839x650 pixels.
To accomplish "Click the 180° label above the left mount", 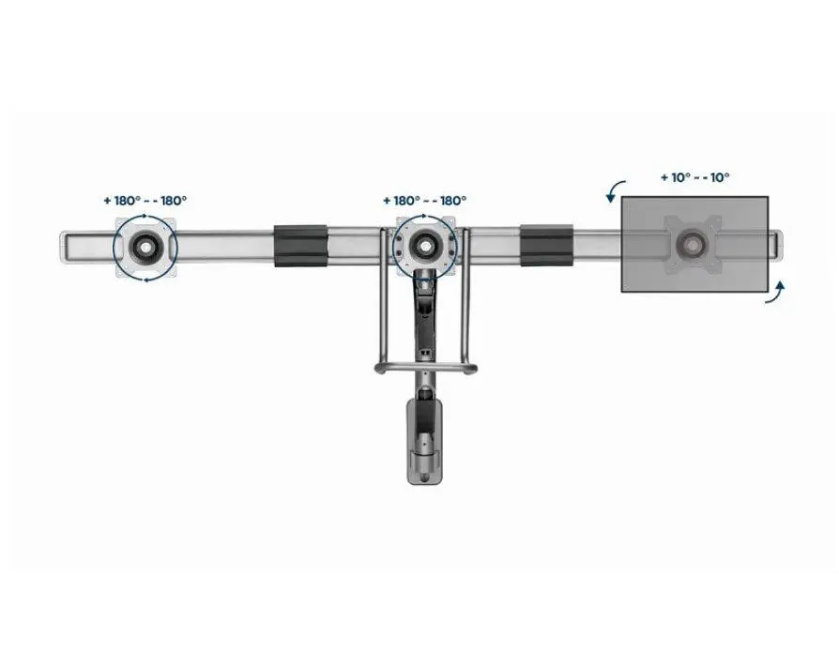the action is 145,201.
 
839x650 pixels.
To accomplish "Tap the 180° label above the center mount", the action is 425,201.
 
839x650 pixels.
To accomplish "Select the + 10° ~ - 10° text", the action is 695,177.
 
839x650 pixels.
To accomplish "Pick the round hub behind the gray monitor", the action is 694,245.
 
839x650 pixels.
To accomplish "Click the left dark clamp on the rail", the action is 300,246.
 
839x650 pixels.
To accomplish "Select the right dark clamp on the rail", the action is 546,246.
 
